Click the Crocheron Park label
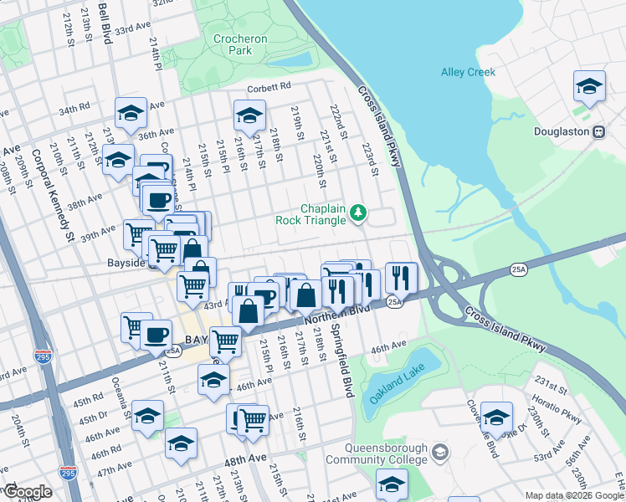(x=233, y=44)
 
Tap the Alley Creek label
(x=469, y=72)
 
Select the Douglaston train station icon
(x=598, y=131)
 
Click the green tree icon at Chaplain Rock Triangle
(x=358, y=213)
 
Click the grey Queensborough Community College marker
(x=441, y=453)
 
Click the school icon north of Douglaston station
(x=589, y=86)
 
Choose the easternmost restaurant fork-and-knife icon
(x=401, y=277)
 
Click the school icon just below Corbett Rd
(x=249, y=116)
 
